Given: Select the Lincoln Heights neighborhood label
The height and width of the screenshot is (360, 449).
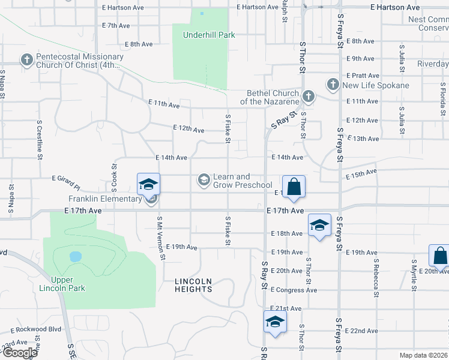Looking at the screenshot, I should (193, 285).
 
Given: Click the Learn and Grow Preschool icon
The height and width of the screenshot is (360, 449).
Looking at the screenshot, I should (204, 179).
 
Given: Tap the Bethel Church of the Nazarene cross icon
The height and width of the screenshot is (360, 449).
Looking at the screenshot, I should (308, 96).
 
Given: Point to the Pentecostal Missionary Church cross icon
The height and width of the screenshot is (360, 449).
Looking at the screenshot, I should (26, 60).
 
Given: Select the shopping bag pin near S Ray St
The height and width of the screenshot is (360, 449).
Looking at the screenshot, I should (294, 187).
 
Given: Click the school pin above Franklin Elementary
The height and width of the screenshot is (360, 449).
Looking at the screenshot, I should (148, 184).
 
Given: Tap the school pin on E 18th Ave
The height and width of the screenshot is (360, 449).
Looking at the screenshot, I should (319, 226).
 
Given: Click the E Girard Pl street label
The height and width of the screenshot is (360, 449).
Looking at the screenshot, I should (66, 178).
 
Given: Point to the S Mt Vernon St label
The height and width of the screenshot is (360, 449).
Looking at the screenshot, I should (161, 238).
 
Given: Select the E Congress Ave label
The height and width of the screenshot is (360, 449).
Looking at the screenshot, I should (294, 290).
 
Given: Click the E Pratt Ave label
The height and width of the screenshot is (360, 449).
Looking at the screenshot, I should (363, 76).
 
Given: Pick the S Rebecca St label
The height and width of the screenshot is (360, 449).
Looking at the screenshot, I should (376, 277).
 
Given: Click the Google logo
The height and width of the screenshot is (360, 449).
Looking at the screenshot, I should (19, 353).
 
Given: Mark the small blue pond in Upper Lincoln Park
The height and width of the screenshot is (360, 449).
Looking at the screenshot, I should (75, 257).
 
